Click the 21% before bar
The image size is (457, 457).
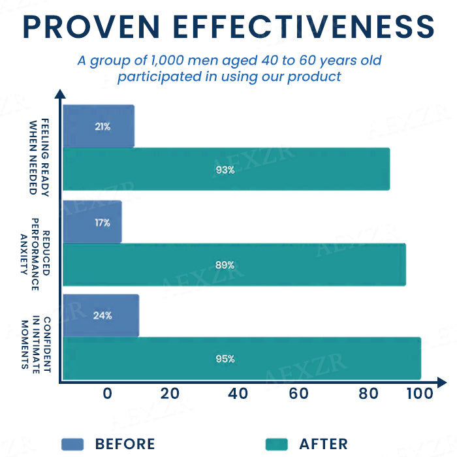pyautogui.click(x=99, y=126)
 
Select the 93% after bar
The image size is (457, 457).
pyautogui.click(x=226, y=169)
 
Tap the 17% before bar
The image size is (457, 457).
pyautogui.click(x=92, y=222)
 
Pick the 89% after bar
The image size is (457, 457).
pyautogui.click(x=234, y=265)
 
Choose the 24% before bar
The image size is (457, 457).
pyautogui.click(x=101, y=315)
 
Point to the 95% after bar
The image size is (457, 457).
pyautogui.click(x=242, y=358)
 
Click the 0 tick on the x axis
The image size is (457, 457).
pyautogui.click(x=107, y=393)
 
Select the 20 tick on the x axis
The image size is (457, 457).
pyautogui.click(x=170, y=393)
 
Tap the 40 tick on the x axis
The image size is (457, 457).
pyautogui.click(x=238, y=393)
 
